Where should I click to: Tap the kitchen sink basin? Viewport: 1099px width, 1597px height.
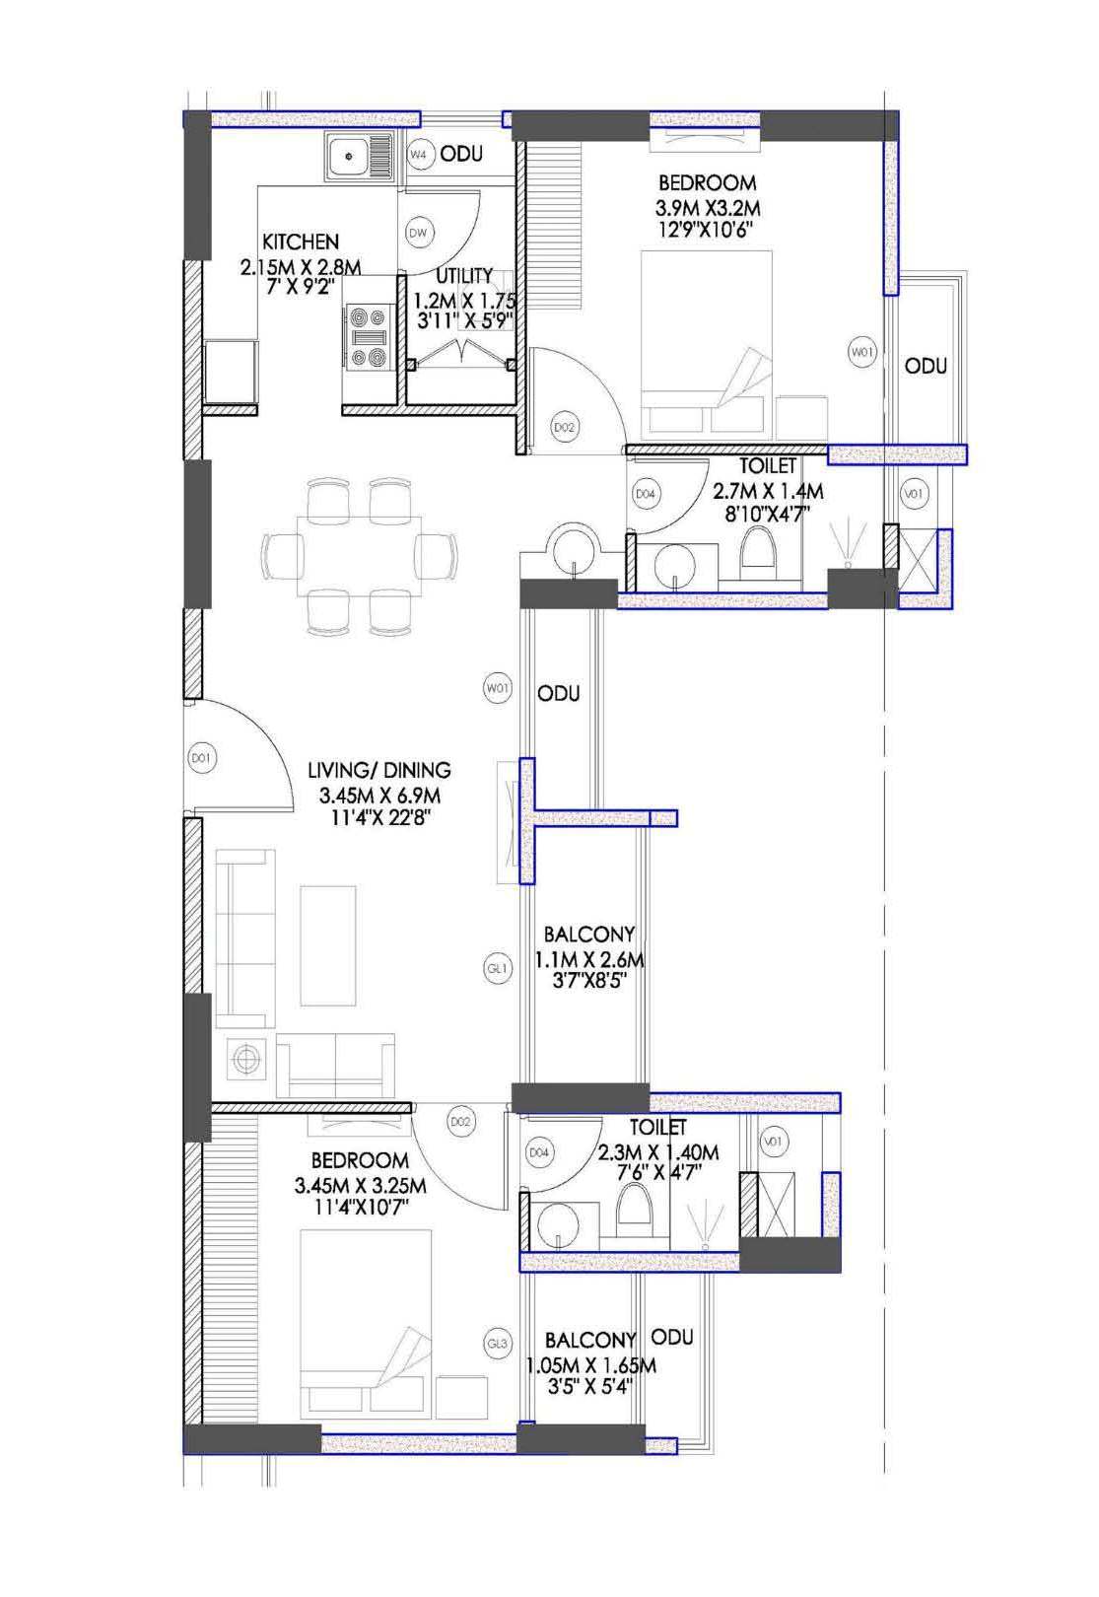click(x=348, y=155)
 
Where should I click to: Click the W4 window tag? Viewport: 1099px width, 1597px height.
click(x=420, y=154)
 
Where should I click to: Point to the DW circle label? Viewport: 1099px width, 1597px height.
click(x=419, y=233)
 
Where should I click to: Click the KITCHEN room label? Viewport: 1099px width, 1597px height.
click(x=300, y=241)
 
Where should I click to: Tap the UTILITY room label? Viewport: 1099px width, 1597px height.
click(x=464, y=275)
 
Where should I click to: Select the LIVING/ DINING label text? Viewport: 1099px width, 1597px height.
click(x=379, y=770)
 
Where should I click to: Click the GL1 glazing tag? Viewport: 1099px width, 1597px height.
click(x=498, y=968)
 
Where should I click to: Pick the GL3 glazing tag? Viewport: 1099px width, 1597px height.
click(x=498, y=1345)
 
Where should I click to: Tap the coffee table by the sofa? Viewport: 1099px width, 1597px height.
click(x=328, y=945)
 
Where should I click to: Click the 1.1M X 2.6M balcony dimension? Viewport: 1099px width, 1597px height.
click(x=588, y=959)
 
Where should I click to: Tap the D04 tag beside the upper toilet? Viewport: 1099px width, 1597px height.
click(x=645, y=493)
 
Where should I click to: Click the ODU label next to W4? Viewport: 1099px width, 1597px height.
click(x=461, y=153)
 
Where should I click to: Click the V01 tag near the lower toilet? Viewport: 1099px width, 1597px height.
click(x=773, y=1142)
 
